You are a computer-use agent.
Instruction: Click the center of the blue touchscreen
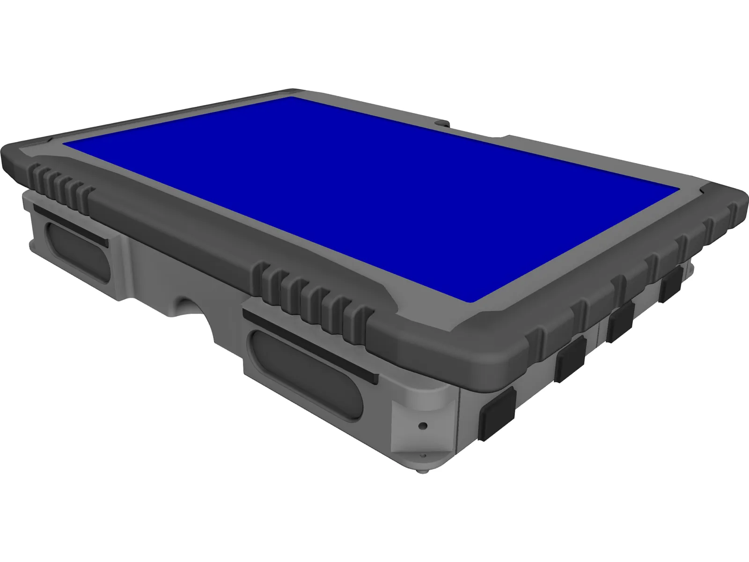click(370, 197)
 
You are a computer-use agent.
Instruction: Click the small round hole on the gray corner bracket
click(423, 426)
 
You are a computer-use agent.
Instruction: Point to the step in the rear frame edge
click(506, 137)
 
